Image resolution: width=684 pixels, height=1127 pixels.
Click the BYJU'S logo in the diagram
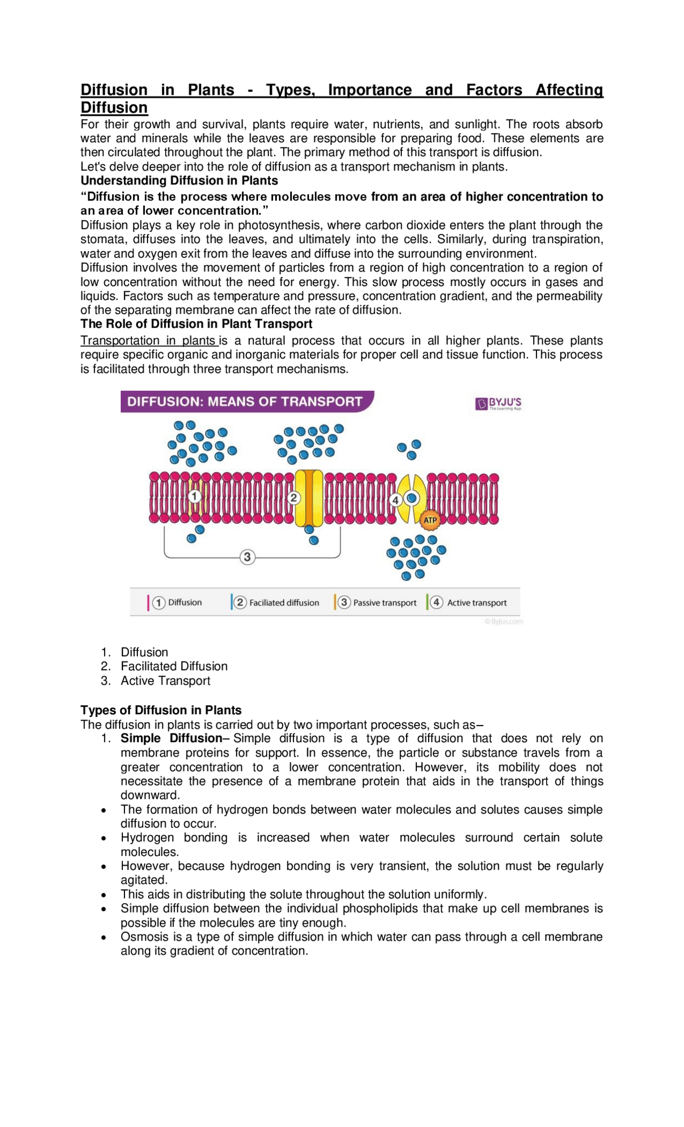498,403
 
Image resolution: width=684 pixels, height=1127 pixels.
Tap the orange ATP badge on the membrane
430,520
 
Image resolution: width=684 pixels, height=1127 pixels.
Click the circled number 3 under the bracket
247,557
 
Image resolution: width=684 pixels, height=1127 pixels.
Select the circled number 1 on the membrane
195,496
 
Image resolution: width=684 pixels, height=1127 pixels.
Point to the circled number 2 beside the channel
293,498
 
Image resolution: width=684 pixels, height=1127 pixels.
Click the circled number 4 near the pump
395,500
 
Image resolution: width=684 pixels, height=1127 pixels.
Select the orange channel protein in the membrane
309,498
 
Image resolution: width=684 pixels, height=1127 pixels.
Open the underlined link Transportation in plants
149,341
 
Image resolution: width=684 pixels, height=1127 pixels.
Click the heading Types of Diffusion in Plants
161,710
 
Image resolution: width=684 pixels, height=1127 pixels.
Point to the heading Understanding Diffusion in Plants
179,181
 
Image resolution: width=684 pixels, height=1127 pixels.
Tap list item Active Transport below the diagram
165,681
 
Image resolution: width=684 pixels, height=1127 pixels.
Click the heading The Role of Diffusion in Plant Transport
196,324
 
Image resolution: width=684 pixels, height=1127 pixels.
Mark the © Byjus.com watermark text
503,621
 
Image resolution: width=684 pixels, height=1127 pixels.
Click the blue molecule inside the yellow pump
411,498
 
